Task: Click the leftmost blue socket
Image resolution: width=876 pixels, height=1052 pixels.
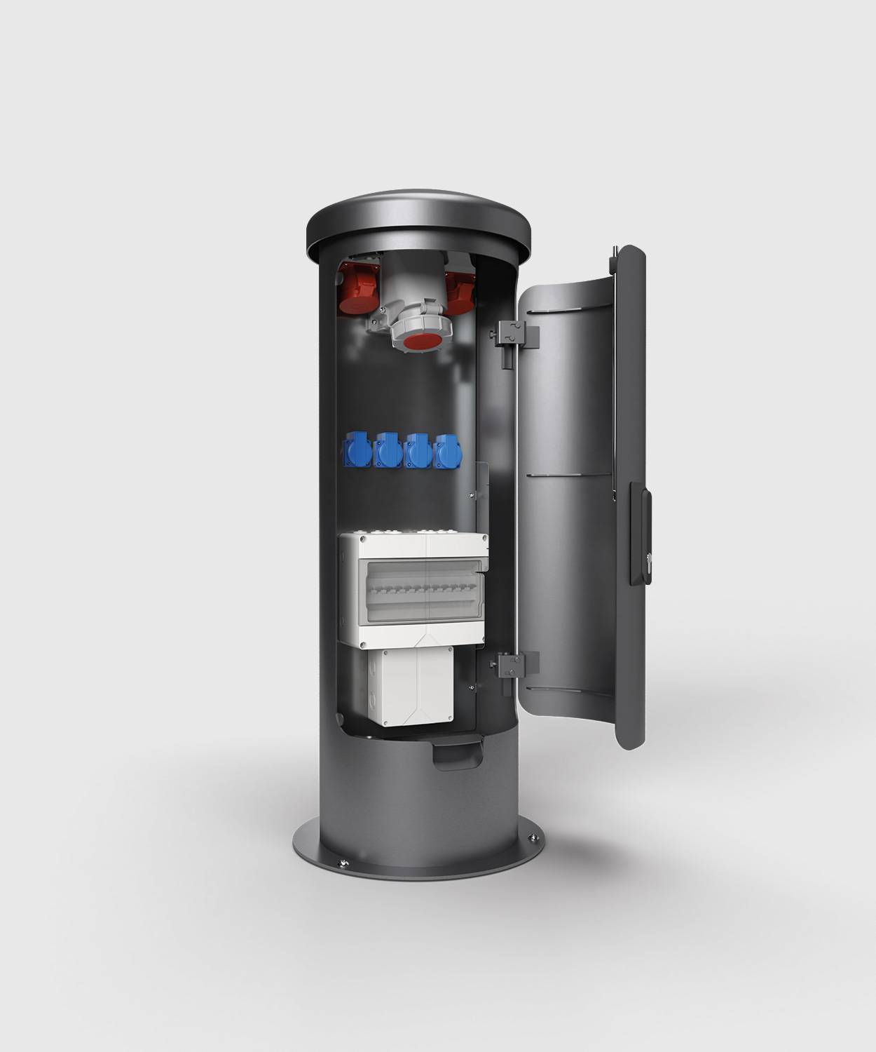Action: click(355, 451)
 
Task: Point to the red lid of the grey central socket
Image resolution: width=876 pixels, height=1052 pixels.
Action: click(418, 344)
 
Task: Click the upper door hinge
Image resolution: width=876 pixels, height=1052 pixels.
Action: click(516, 335)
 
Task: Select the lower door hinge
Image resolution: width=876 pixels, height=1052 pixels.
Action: click(516, 663)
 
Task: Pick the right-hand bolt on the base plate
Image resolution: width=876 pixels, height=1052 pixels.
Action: click(535, 839)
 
